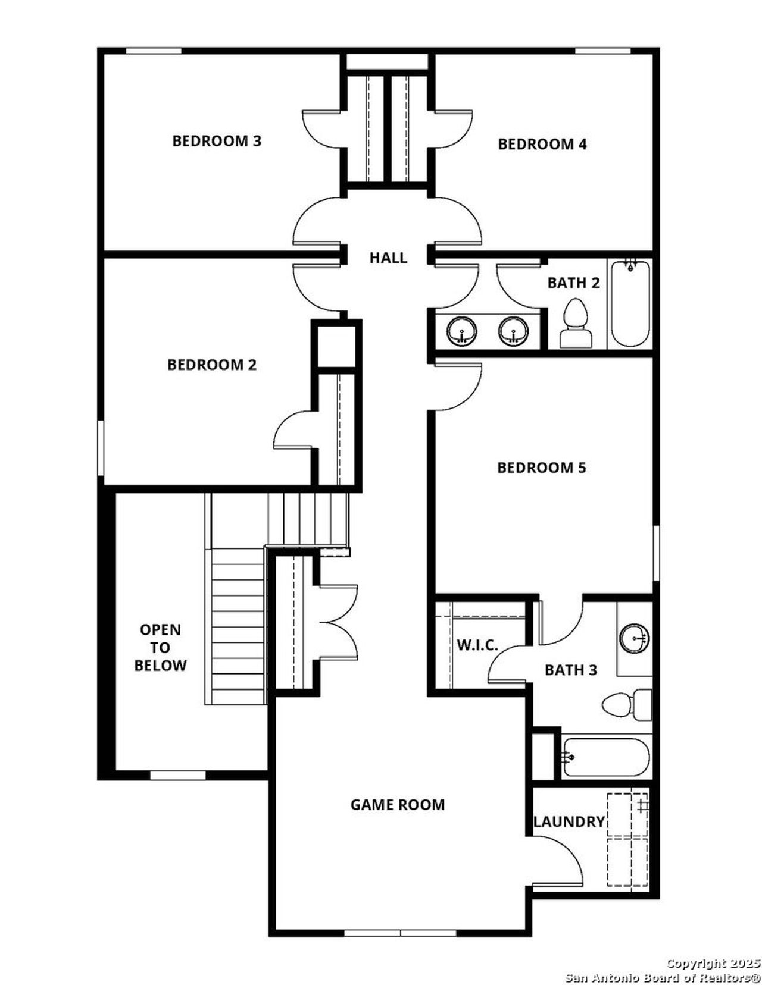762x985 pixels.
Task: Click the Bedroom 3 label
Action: [x=217, y=141]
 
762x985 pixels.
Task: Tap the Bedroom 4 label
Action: [x=542, y=144]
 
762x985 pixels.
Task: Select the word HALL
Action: [x=388, y=258]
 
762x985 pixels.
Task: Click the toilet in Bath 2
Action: [x=576, y=325]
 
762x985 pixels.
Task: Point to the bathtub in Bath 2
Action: [x=630, y=303]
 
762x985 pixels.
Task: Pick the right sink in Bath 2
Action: [x=514, y=331]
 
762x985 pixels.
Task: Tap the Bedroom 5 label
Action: [x=541, y=468]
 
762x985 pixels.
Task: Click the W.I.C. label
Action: [x=477, y=645]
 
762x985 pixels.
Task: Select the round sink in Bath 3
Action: [x=634, y=638]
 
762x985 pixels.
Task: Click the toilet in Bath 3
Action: [x=626, y=705]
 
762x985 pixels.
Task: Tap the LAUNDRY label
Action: [x=569, y=822]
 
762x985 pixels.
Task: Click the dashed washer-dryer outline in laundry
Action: [x=627, y=839]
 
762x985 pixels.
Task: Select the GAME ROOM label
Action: [x=397, y=805]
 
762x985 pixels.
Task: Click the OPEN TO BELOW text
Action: [x=160, y=647]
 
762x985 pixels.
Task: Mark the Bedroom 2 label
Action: [x=211, y=365]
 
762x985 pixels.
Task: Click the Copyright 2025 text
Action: [x=713, y=963]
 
